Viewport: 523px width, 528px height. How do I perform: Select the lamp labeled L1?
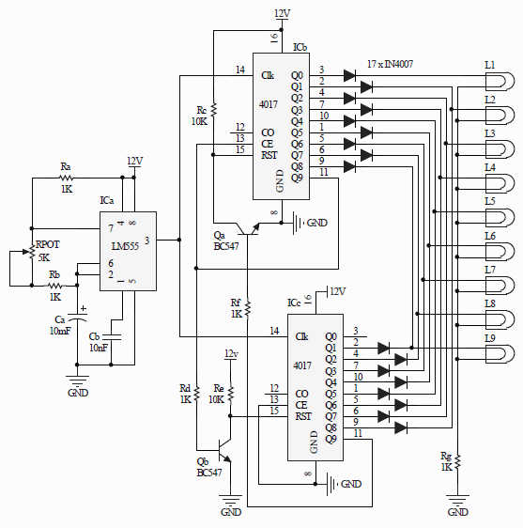point(498,81)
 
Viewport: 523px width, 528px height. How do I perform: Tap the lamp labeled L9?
point(498,352)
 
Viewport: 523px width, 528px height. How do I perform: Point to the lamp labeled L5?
point(498,217)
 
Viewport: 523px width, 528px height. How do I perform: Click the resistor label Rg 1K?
point(447,461)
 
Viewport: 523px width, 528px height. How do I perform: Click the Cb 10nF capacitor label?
point(99,341)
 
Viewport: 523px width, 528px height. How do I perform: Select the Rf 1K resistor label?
point(236,307)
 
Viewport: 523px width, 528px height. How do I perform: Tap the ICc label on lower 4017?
point(295,303)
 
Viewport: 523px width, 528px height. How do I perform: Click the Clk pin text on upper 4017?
point(268,75)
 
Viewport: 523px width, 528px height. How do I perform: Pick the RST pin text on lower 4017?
point(302,415)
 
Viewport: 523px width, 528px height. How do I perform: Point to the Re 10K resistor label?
point(219,394)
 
